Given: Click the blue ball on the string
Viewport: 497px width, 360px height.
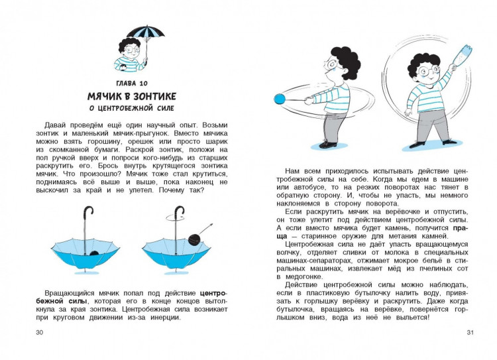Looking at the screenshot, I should tap(279, 99).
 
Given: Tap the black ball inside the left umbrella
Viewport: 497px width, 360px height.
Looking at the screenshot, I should tap(95, 253).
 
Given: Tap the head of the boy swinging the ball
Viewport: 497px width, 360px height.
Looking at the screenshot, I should tap(339, 62).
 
